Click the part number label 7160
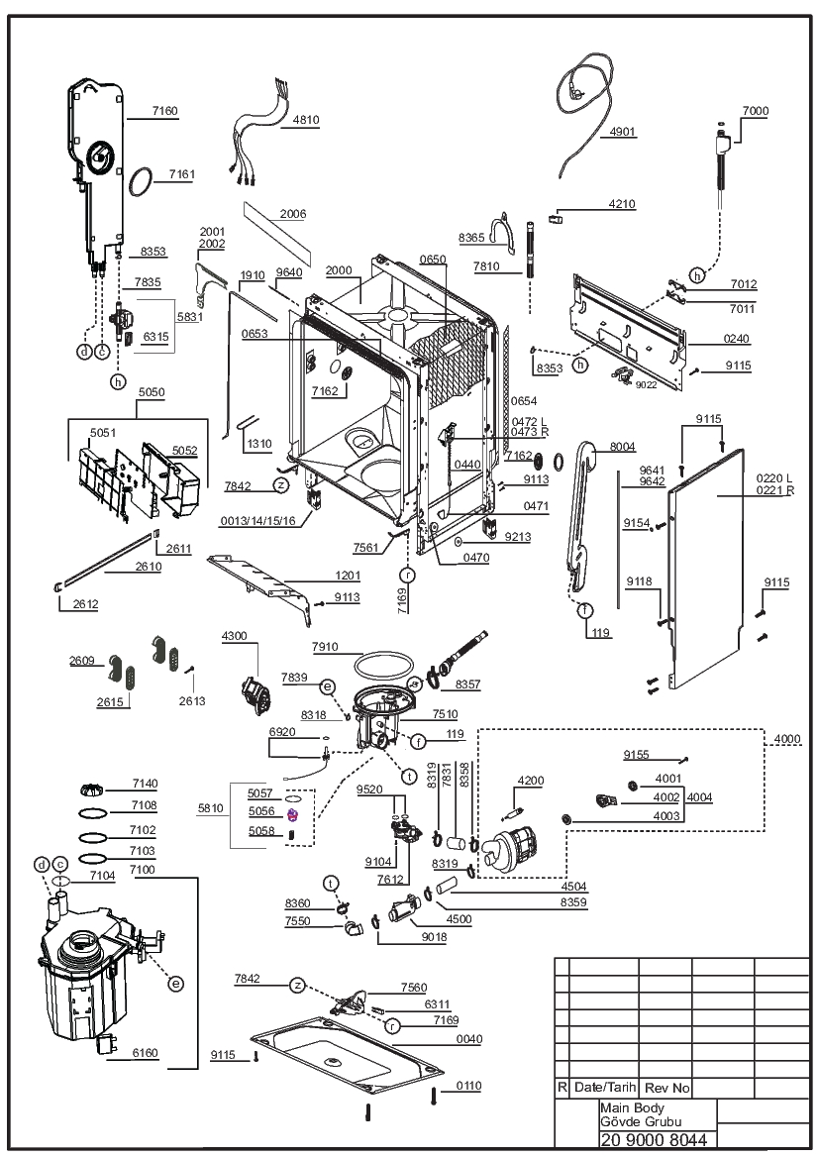[165, 111]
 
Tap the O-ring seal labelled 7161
[141, 182]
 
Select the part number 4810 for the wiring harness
[306, 120]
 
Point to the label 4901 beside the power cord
[622, 132]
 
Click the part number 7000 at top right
[756, 111]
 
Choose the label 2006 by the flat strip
[293, 214]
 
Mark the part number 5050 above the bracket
[153, 392]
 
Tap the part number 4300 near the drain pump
[235, 636]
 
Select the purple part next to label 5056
[293, 814]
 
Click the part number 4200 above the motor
[531, 781]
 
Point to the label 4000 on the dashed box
[787, 739]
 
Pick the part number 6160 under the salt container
[145, 1053]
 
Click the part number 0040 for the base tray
[468, 1039]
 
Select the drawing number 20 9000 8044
[655, 1139]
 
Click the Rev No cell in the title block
[667, 1088]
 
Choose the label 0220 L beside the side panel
[774, 478]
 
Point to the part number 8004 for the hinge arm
[622, 447]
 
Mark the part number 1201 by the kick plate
[348, 576]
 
